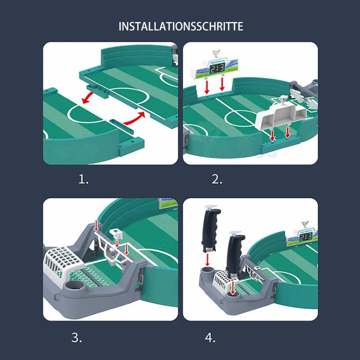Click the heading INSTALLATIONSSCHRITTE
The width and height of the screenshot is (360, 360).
(x=180, y=26)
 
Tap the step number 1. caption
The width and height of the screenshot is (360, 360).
(x=84, y=180)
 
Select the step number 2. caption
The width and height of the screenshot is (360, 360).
(x=217, y=180)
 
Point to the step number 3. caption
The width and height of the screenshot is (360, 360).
(x=77, y=337)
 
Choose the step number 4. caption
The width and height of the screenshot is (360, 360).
(x=210, y=337)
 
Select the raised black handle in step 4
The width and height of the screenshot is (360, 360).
(x=210, y=229)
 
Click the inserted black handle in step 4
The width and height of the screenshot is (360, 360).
(x=234, y=255)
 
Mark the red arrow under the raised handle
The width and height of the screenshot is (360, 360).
(x=207, y=259)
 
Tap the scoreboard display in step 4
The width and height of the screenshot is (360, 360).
(x=306, y=237)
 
